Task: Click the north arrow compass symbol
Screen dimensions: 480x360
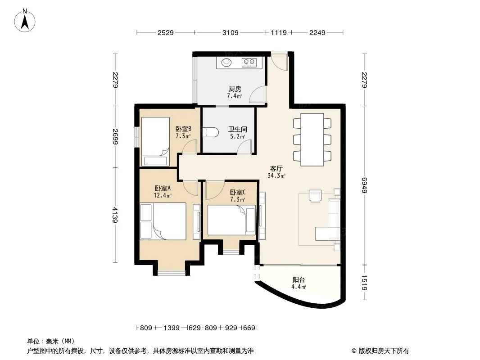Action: pos(25,20)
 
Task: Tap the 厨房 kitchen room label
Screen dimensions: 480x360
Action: pos(235,89)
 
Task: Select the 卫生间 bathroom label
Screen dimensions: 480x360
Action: pos(238,130)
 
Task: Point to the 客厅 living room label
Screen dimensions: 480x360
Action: pos(276,169)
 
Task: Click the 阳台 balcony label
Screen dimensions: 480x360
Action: pos(299,279)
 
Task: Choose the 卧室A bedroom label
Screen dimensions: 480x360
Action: pos(163,188)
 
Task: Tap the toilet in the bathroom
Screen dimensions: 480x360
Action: pos(210,132)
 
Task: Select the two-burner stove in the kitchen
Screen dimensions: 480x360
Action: pos(249,63)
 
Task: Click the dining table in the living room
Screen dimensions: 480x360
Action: pos(312,139)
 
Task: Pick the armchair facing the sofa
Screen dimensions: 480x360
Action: pos(315,196)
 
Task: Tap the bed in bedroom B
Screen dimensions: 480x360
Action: pos(155,142)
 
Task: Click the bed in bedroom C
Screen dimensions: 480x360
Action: pos(231,220)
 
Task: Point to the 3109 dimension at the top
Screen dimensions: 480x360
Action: pos(230,32)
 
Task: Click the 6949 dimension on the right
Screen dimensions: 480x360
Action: pos(364,185)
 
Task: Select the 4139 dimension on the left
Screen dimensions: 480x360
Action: pos(115,215)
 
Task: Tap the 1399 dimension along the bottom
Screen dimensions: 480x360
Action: pos(172,328)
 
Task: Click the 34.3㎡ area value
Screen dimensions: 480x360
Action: pos(276,176)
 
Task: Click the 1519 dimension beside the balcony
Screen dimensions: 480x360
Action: pos(364,283)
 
